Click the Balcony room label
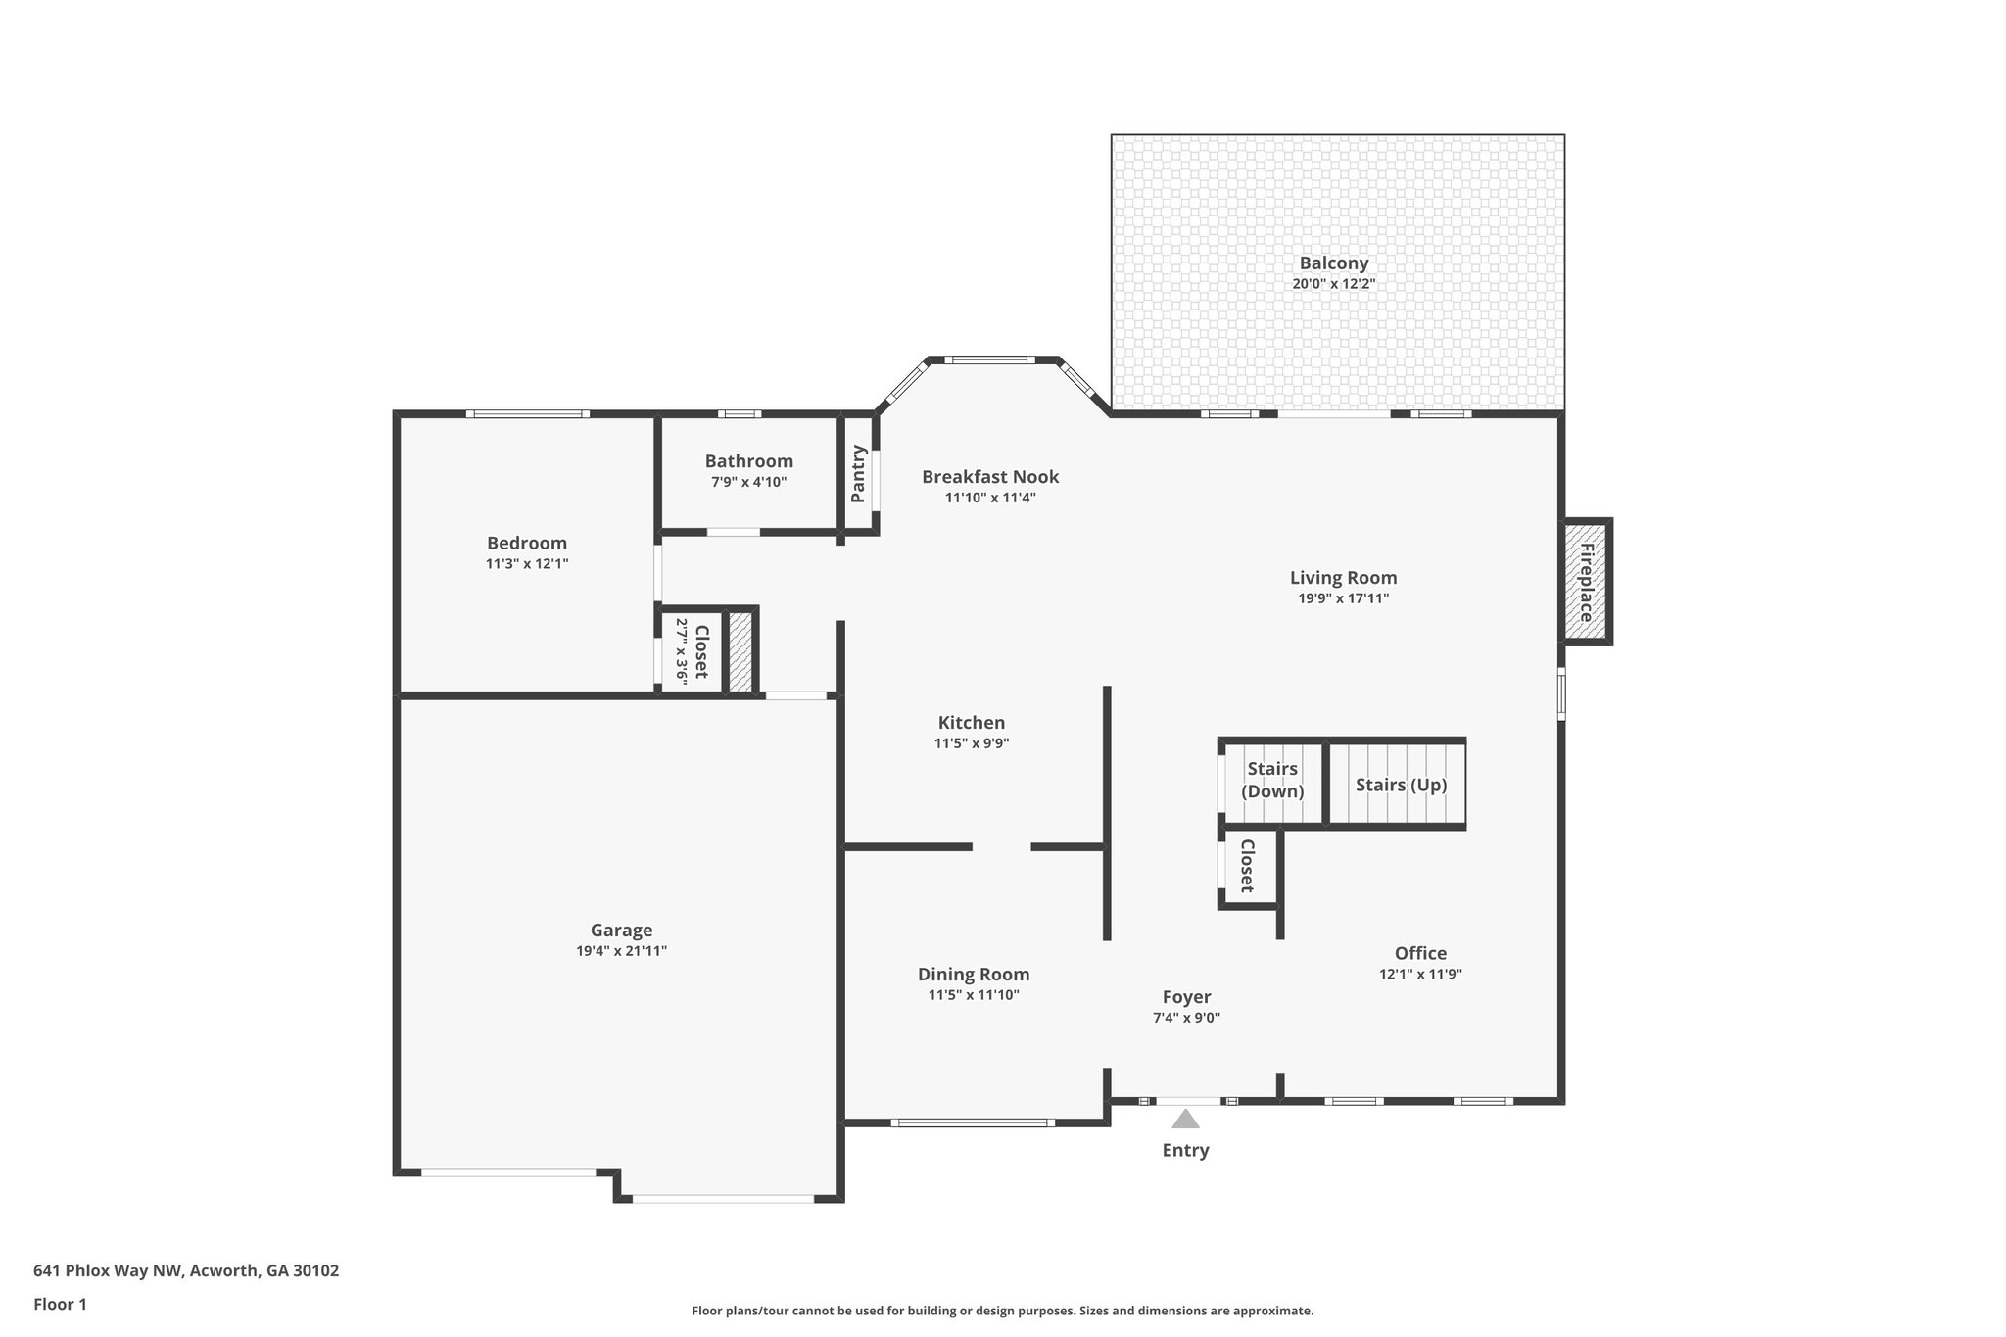(1333, 263)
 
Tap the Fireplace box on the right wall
(1584, 582)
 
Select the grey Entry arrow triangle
(1185, 1119)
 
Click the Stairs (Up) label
(1401, 785)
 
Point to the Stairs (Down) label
(1271, 780)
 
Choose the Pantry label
(858, 474)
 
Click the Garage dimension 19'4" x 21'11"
(621, 950)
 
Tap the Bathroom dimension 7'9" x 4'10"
(748, 482)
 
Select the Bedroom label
(527, 543)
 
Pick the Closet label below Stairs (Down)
(1247, 865)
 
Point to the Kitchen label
(971, 723)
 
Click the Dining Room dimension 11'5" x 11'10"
(974, 995)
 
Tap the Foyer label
(1186, 997)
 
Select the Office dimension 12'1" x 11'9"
(1420, 974)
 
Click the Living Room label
(1343, 578)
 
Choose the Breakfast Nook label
(989, 477)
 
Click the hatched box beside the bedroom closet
(740, 651)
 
